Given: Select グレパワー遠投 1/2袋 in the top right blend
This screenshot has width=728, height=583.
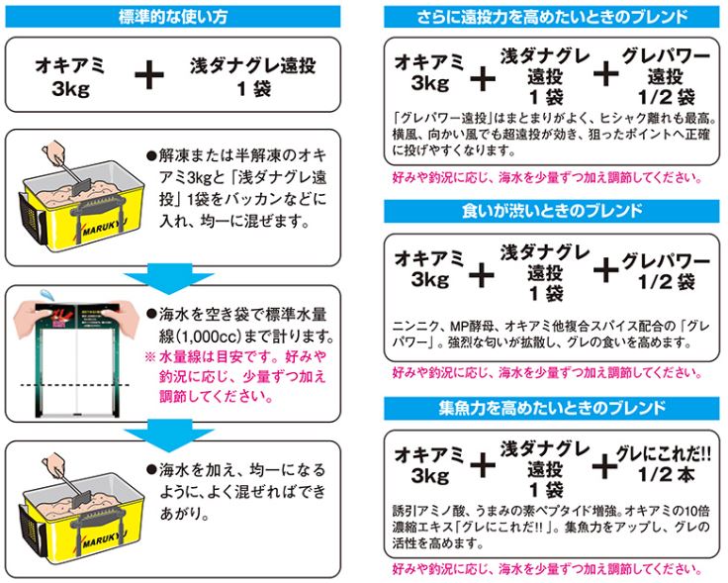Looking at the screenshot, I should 664,76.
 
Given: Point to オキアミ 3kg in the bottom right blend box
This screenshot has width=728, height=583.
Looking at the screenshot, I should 430,464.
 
